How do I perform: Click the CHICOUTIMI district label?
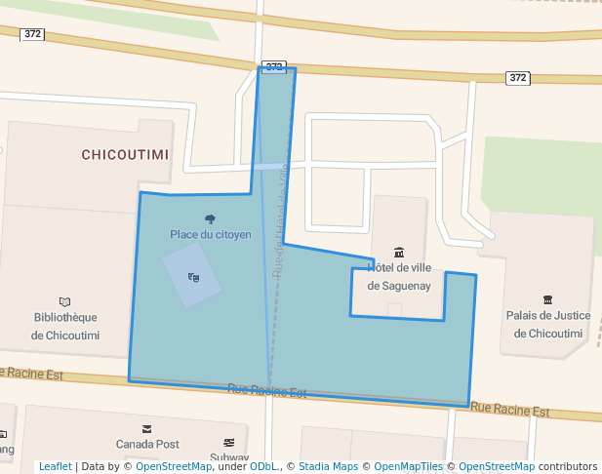(x=125, y=155)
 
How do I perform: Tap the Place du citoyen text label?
(x=211, y=234)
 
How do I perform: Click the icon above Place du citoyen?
(x=210, y=219)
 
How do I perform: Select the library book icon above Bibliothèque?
(x=65, y=302)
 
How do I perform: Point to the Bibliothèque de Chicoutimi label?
(x=65, y=326)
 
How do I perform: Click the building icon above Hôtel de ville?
(x=398, y=253)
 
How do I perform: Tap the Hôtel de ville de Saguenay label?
(x=398, y=276)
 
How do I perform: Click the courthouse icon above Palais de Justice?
(x=547, y=299)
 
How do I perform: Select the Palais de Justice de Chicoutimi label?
(x=547, y=324)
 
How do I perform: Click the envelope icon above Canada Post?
(x=147, y=428)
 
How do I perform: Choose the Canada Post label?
(x=147, y=444)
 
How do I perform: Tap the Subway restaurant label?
(x=229, y=457)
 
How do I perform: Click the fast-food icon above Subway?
(x=229, y=443)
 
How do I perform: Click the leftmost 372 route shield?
(x=33, y=34)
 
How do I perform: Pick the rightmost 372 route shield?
(x=518, y=77)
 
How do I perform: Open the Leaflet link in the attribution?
(x=55, y=467)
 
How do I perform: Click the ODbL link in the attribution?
(x=263, y=467)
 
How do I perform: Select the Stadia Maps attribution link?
(x=328, y=467)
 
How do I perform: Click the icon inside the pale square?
(x=193, y=277)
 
